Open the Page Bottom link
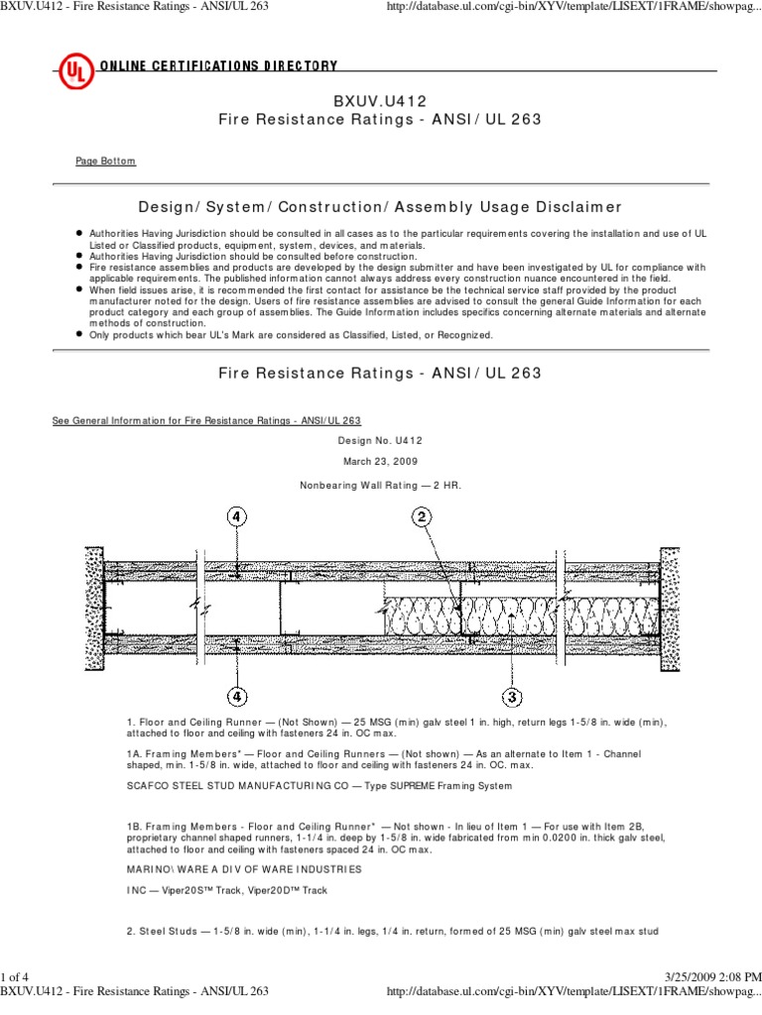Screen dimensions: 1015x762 click(x=106, y=161)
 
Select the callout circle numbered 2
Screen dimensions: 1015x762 click(x=421, y=516)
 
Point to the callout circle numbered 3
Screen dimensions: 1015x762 click(x=512, y=696)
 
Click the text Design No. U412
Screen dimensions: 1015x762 click(x=380, y=439)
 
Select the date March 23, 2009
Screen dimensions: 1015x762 click(x=380, y=462)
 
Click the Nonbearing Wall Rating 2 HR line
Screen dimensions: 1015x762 click(x=380, y=485)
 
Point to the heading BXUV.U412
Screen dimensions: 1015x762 click(x=380, y=101)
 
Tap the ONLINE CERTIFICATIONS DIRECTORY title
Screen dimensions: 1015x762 click(x=217, y=66)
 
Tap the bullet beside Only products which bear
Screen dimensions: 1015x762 click(x=78, y=335)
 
